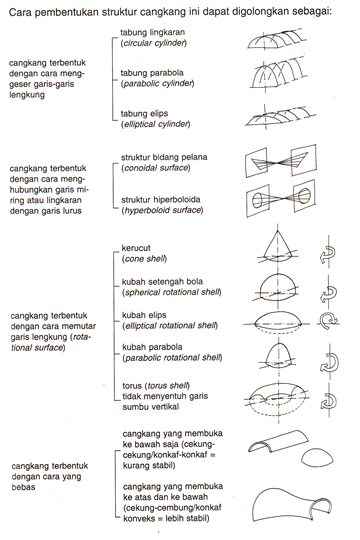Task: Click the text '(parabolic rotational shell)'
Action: pyautogui.click(x=176, y=360)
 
